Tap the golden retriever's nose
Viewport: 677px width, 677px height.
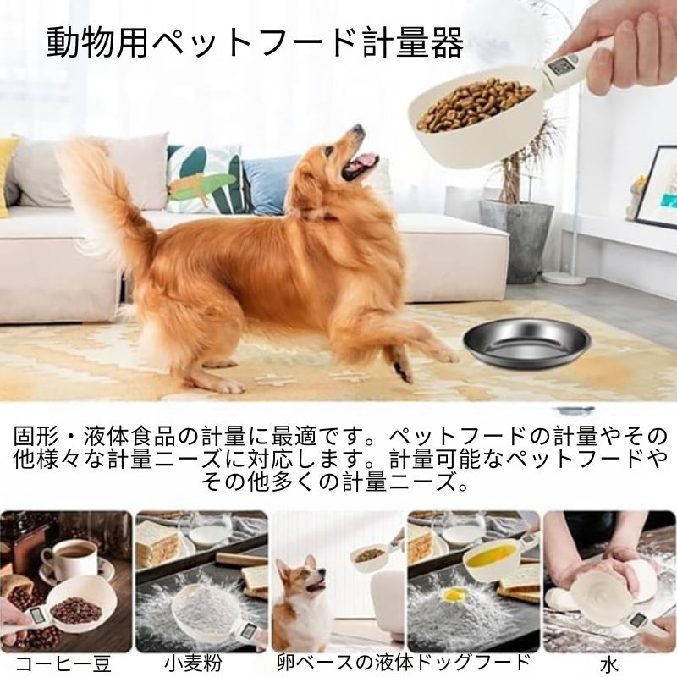click(357, 129)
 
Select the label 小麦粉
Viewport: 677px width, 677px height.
click(193, 663)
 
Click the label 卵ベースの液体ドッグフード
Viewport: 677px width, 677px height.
click(404, 662)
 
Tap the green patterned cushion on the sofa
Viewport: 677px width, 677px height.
click(207, 179)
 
